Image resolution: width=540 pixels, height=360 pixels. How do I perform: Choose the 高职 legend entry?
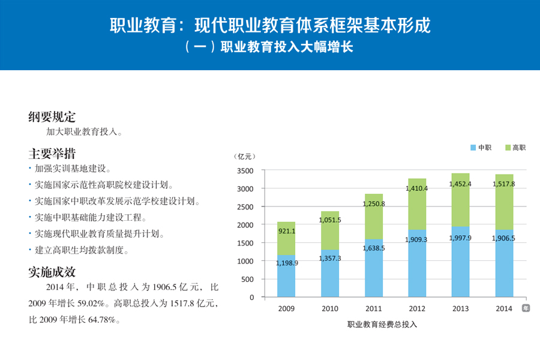(x=515, y=147)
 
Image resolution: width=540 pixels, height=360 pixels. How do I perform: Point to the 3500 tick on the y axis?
(x=247, y=171)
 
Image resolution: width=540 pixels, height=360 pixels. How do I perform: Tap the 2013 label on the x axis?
(x=461, y=309)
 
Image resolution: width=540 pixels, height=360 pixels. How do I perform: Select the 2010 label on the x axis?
(x=330, y=309)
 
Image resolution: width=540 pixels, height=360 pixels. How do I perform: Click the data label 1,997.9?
(x=461, y=238)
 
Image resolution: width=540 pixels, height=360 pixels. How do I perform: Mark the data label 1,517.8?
(x=505, y=184)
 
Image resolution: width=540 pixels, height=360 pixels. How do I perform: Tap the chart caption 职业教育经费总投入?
(x=382, y=325)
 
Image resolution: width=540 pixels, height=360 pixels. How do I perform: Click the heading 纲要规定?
(x=52, y=117)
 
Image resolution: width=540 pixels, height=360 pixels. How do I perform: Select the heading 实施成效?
(x=52, y=272)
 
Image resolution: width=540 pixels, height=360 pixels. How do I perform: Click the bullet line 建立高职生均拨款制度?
(x=80, y=250)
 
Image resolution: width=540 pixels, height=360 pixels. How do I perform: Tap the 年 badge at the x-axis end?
(x=526, y=308)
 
